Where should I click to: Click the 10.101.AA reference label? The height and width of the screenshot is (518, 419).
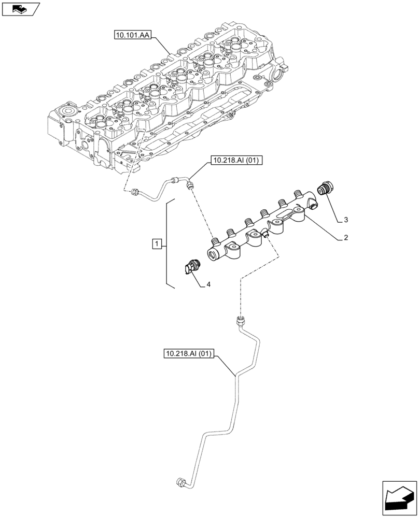(131, 35)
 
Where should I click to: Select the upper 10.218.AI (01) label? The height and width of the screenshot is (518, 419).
(236, 161)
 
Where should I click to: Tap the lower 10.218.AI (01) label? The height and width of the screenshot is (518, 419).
(189, 354)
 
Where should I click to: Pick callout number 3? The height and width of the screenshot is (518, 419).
(345, 220)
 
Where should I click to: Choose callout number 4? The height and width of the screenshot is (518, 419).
(208, 284)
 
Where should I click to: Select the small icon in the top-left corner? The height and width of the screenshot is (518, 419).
(21, 8)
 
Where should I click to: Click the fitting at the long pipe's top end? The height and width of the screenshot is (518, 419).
(240, 322)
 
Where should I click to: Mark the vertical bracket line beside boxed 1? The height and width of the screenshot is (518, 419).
(167, 243)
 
